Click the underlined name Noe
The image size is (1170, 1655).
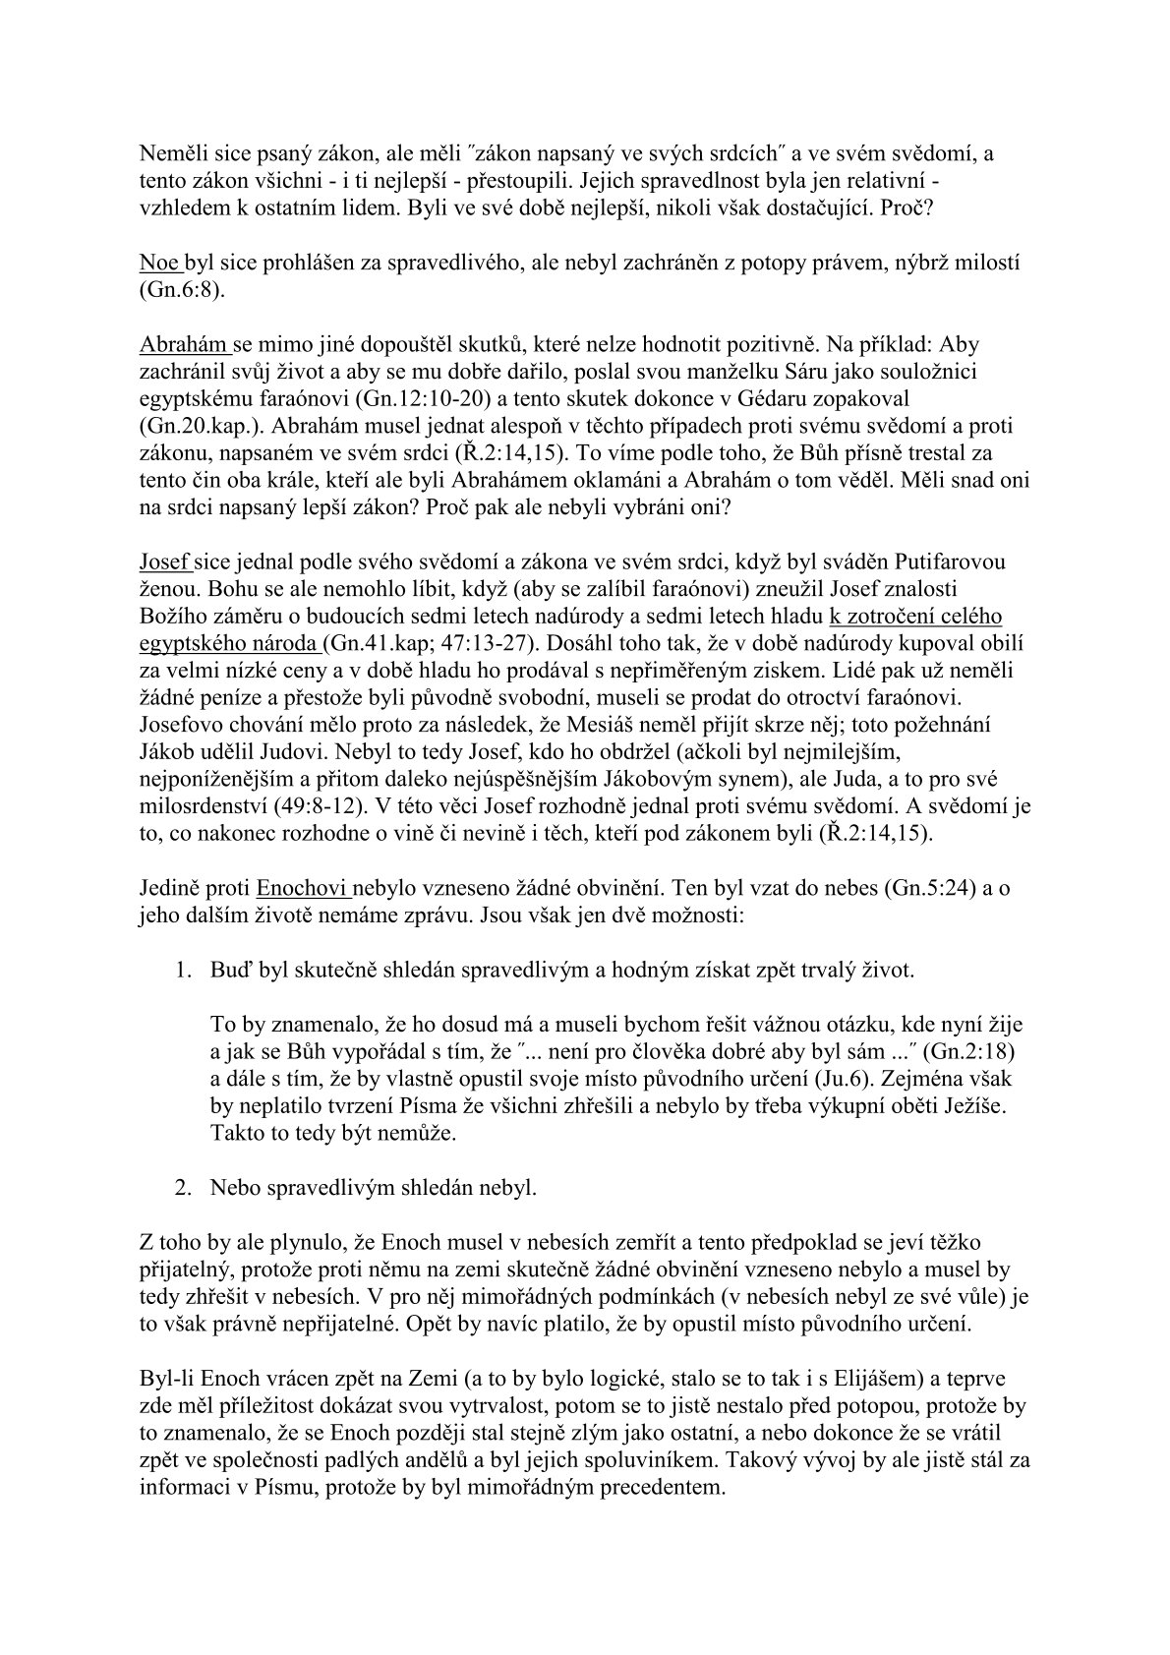tap(159, 264)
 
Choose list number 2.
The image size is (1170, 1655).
tap(183, 1187)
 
